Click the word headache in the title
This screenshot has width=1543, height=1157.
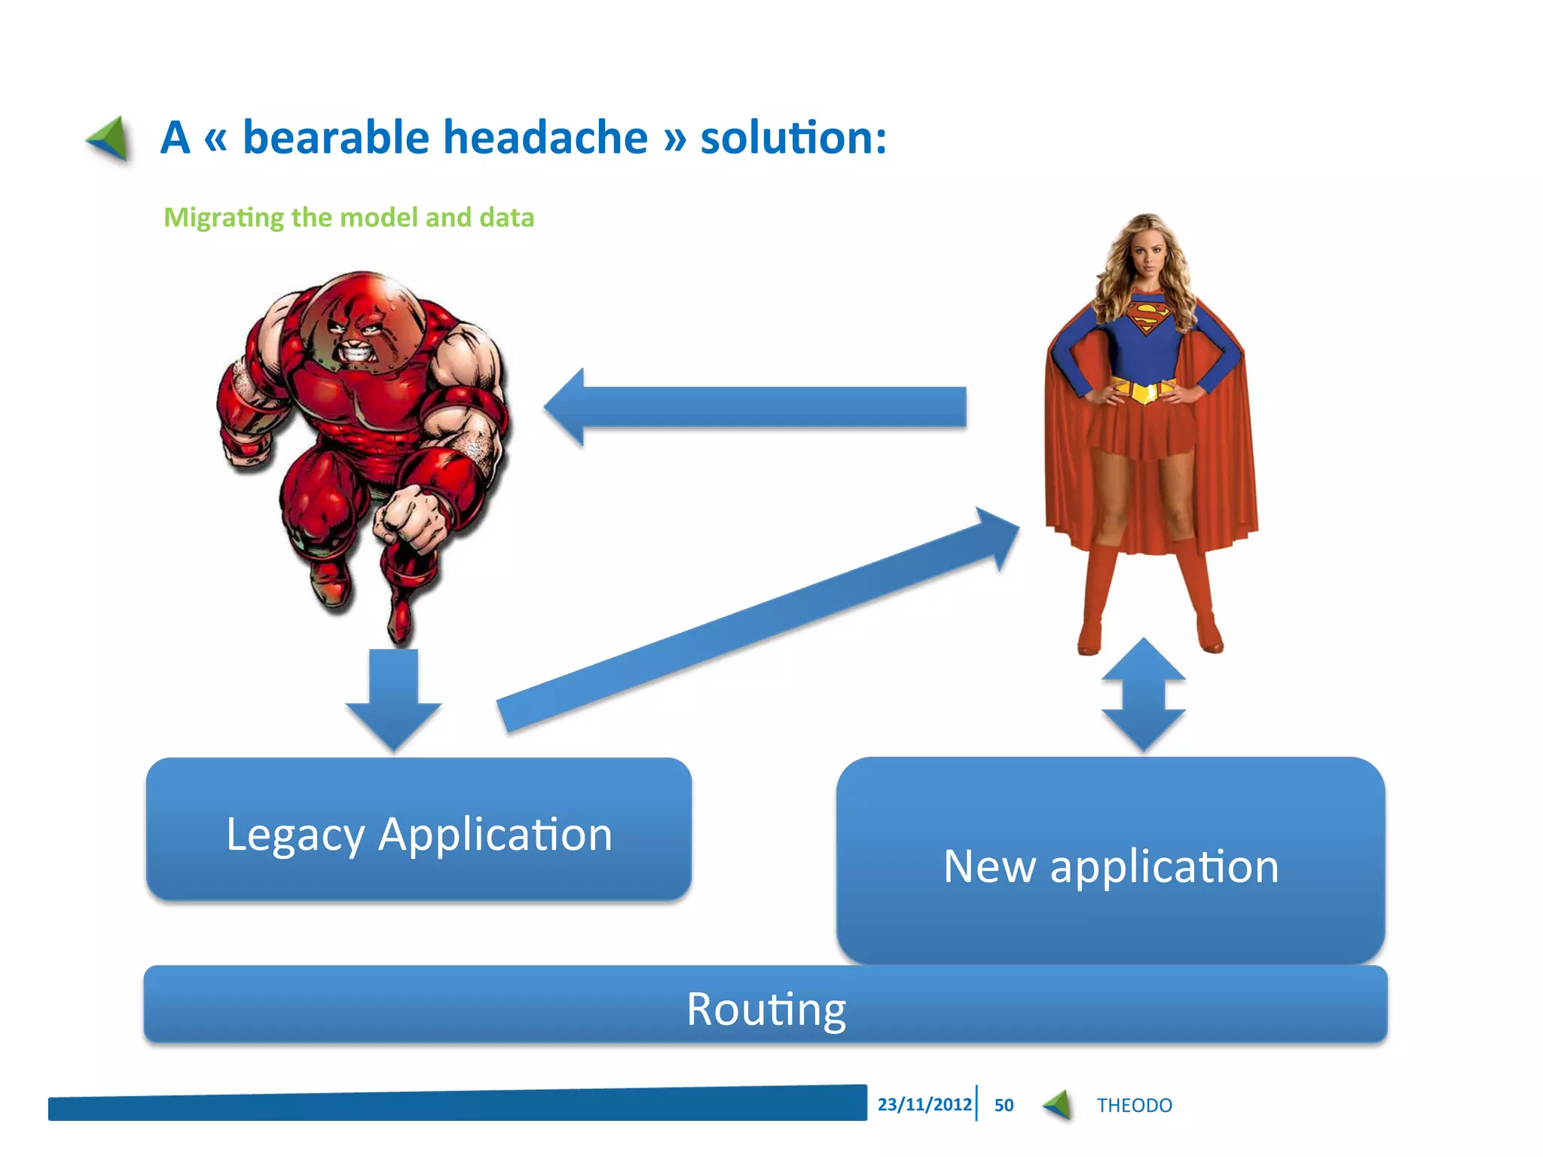pyautogui.click(x=545, y=138)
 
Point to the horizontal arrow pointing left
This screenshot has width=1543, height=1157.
pyautogui.click(x=753, y=407)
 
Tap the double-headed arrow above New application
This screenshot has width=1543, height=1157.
pyautogui.click(x=1143, y=695)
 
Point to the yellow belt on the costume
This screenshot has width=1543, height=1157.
pyautogui.click(x=1143, y=391)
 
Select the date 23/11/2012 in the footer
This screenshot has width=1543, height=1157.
pyautogui.click(x=924, y=1104)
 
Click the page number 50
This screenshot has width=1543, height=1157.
pyautogui.click(x=1004, y=1105)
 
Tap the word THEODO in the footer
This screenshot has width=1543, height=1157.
pyautogui.click(x=1134, y=1105)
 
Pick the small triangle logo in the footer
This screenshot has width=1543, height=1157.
pyautogui.click(x=1058, y=1104)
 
